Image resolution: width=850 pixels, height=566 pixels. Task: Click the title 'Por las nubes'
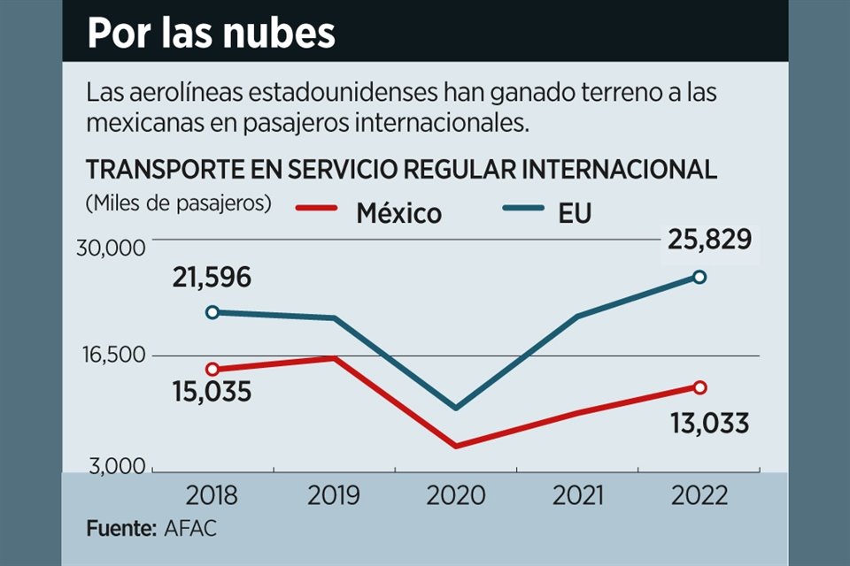pos(211,33)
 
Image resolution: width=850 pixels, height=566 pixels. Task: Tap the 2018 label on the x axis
pos(212,494)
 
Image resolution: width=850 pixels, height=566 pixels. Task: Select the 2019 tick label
pos(334,494)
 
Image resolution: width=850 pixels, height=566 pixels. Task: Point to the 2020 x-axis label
pos(455,494)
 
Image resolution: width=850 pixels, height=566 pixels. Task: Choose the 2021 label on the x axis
pos(577,494)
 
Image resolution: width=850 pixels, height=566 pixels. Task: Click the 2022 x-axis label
pos(699,494)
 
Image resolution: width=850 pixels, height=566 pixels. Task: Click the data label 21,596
pos(212,278)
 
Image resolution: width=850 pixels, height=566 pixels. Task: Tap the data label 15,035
pos(212,390)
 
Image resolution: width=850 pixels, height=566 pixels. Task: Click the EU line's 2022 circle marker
pos(699,277)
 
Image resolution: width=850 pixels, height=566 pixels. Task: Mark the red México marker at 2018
pos(212,369)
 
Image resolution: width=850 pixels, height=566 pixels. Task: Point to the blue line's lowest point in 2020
pos(455,408)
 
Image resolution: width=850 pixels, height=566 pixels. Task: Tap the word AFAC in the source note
pos(190,529)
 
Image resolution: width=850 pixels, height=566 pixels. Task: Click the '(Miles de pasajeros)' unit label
pos(178,203)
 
